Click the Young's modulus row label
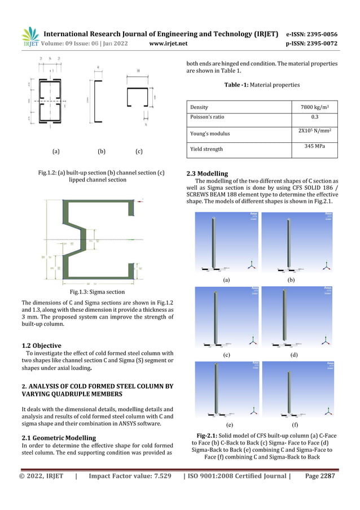click(210, 134)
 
